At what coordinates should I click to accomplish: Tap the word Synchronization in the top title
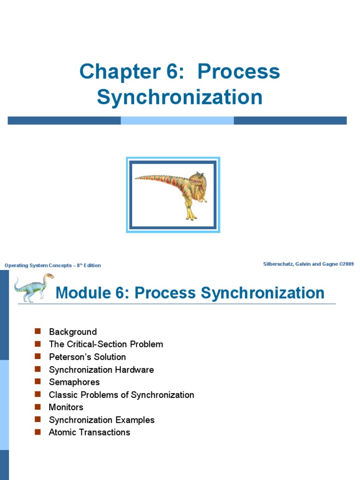click(180, 97)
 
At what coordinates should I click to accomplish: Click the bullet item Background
click(73, 332)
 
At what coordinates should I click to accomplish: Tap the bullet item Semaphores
click(74, 382)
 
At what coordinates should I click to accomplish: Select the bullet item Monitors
click(66, 407)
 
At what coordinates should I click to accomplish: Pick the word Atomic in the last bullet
click(62, 432)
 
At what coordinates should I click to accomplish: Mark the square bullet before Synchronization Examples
click(38, 420)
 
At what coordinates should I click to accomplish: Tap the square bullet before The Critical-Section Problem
click(38, 344)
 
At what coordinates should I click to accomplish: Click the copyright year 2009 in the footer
click(347, 264)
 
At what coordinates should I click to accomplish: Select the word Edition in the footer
click(92, 265)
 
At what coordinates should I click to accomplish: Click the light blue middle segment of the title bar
click(177, 120)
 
